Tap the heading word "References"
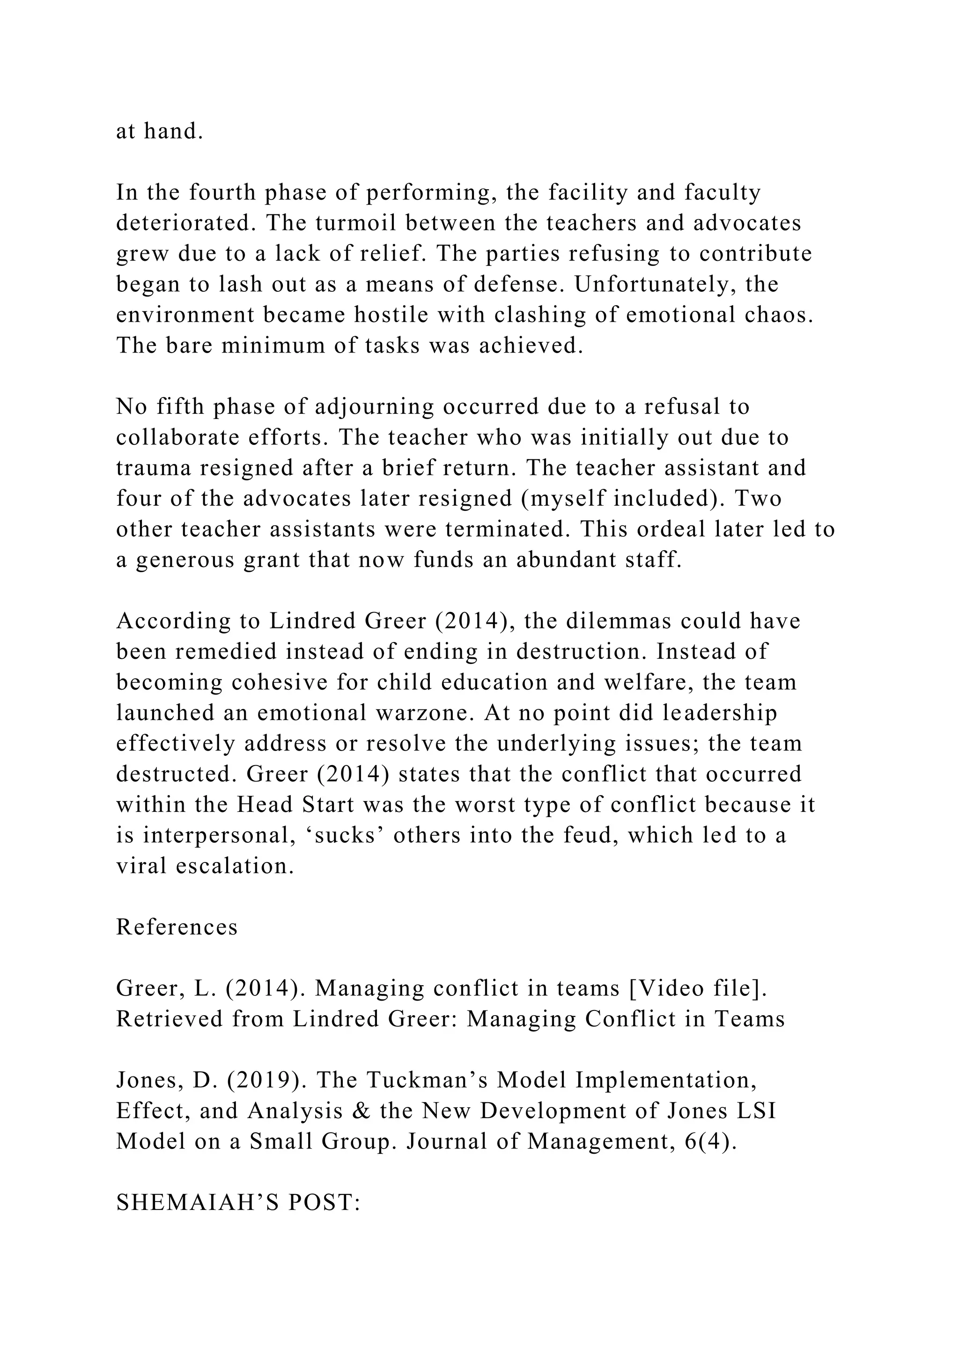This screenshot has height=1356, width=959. click(177, 927)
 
